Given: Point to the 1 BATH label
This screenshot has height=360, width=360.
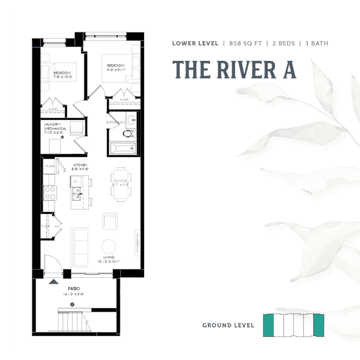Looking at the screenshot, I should [x=314, y=43].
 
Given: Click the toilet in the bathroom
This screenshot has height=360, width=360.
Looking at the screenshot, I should [x=128, y=134].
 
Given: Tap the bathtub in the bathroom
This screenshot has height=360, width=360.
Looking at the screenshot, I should [x=123, y=148].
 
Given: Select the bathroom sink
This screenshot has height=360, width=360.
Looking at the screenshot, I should [x=131, y=119].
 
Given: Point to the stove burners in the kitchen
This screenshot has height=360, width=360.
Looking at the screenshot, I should [x=50, y=193].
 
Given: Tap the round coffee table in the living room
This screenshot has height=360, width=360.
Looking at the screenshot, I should [x=109, y=246].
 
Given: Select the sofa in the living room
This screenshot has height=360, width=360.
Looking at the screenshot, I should [x=79, y=246].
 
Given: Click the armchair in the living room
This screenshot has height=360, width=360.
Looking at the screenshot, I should [x=110, y=220].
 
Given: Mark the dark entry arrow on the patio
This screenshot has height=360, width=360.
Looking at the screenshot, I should [x=54, y=281].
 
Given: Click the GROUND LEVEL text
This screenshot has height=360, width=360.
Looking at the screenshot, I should [x=228, y=325].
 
